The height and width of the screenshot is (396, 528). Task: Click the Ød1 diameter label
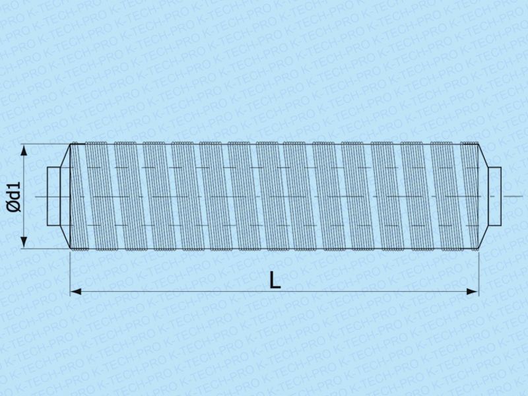pos(14,197)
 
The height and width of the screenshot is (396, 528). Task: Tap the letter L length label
pos(275,280)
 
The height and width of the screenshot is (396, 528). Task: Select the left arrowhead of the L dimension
pos(75,292)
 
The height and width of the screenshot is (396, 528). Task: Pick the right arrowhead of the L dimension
pos(473,292)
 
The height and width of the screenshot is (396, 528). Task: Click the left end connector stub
pos(53,196)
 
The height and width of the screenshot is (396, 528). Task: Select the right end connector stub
pos(494,196)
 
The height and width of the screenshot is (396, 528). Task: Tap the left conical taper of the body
pos(65,196)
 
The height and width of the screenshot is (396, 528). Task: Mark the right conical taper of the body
pos(483,196)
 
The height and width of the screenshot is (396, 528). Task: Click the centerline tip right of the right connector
pos(522,196)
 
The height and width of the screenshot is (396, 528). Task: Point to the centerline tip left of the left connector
pos(36,197)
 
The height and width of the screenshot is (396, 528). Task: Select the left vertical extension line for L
pos(70,273)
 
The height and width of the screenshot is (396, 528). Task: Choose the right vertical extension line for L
pos(478,273)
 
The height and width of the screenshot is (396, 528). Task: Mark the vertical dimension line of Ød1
pos(24,196)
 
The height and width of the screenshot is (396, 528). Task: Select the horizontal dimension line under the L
pos(274,292)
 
